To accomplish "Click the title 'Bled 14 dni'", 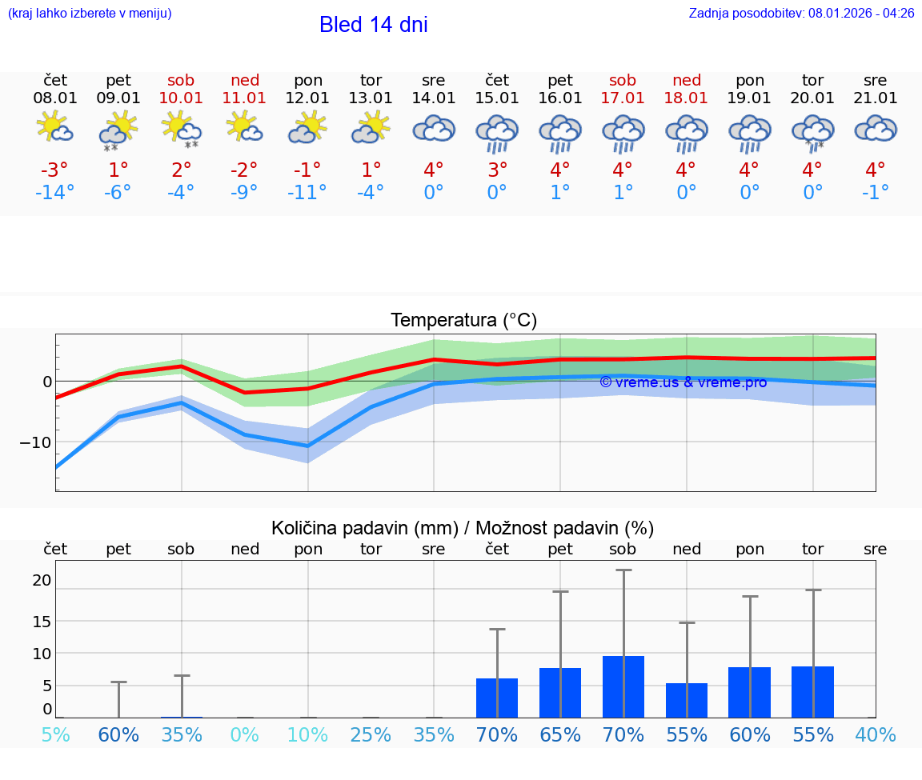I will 373,25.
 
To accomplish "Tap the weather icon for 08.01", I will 55,128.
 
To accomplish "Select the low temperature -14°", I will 55,193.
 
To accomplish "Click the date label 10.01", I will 182,98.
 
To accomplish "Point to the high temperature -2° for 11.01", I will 244,170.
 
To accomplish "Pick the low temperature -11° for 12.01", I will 307,193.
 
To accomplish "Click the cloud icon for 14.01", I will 434,128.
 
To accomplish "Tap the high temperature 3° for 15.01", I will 497,170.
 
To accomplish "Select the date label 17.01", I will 623,98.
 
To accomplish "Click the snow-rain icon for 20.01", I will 812,131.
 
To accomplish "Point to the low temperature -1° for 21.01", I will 876,193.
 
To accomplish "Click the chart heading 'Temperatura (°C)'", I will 463,321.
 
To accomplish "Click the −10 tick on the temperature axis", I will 35,442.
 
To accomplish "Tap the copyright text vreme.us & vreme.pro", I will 683,382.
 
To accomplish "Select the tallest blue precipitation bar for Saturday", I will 623,686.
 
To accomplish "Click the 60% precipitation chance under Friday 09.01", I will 118,734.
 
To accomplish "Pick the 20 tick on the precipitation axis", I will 42,580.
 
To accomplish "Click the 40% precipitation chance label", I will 876,734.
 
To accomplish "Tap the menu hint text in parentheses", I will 90,14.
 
